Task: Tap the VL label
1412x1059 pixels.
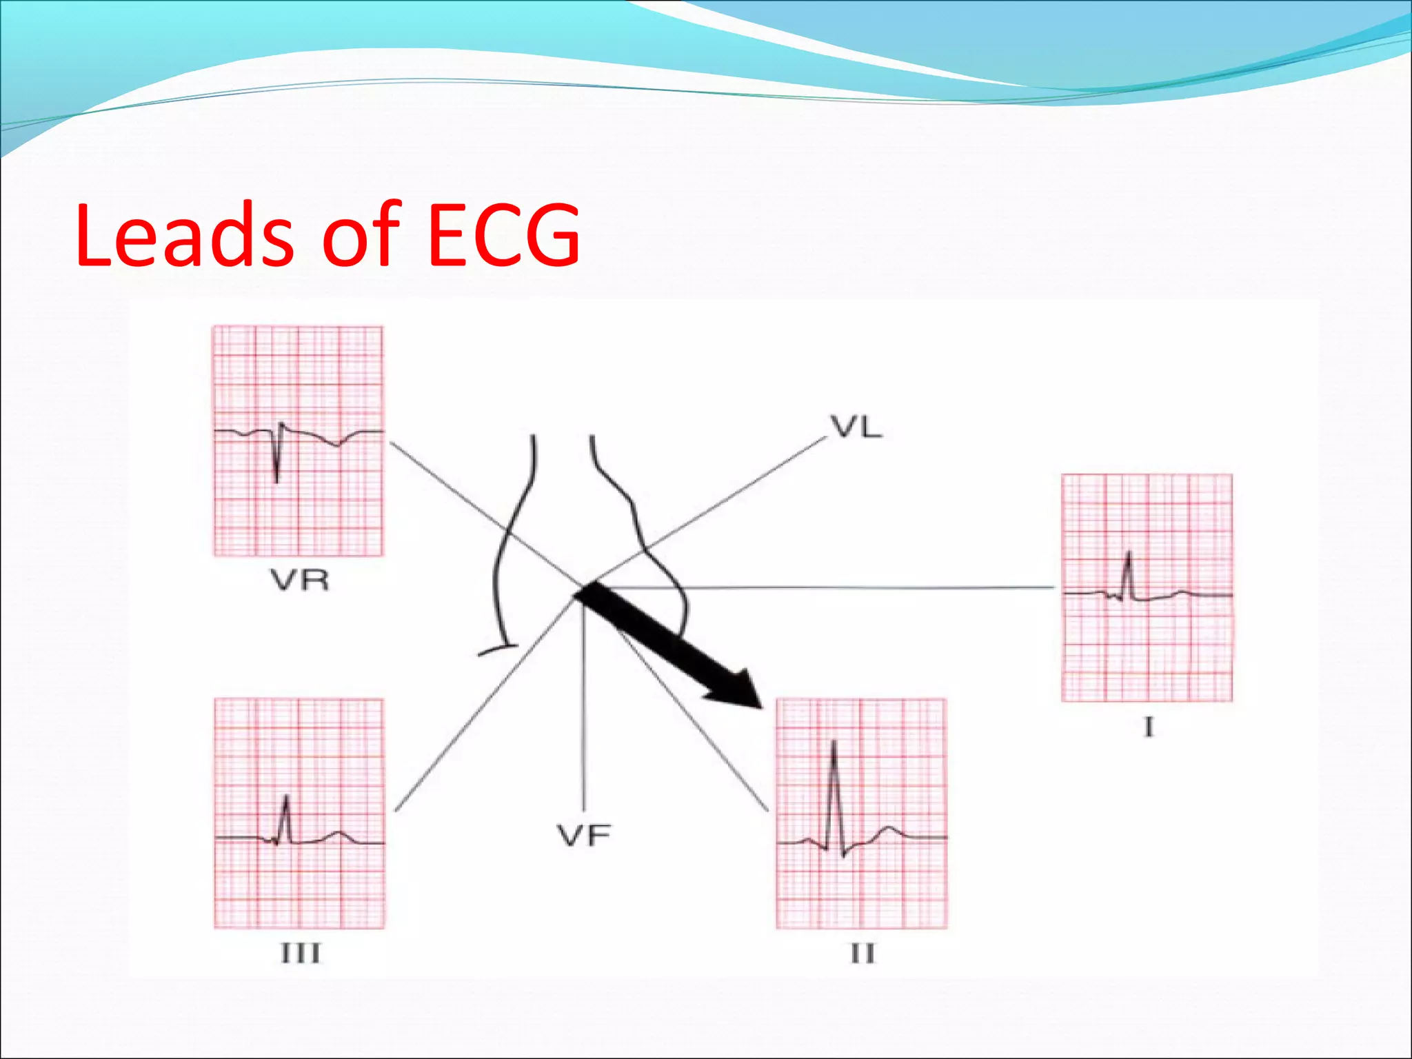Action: pyautogui.click(x=856, y=428)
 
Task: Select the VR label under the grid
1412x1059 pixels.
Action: pyautogui.click(x=300, y=581)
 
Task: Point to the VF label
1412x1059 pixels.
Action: pyautogui.click(x=584, y=836)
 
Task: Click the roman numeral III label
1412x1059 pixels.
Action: pyautogui.click(x=301, y=954)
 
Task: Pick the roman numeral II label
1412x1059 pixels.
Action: pyautogui.click(x=862, y=954)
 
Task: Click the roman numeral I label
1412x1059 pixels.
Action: pyautogui.click(x=1148, y=727)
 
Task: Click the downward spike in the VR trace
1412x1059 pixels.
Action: pyautogui.click(x=277, y=476)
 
